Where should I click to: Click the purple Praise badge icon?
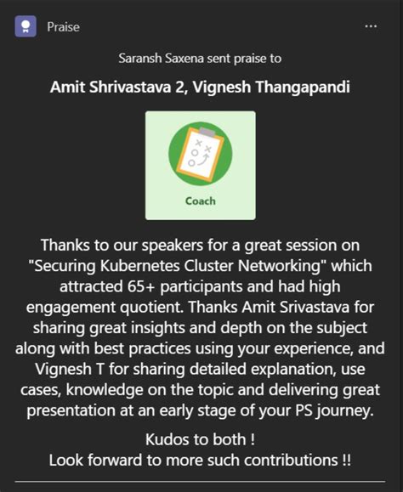pyautogui.click(x=25, y=26)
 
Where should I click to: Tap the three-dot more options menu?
pyautogui.click(x=371, y=26)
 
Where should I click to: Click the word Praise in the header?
pyautogui.click(x=64, y=27)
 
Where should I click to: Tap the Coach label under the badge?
pyautogui.click(x=200, y=201)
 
